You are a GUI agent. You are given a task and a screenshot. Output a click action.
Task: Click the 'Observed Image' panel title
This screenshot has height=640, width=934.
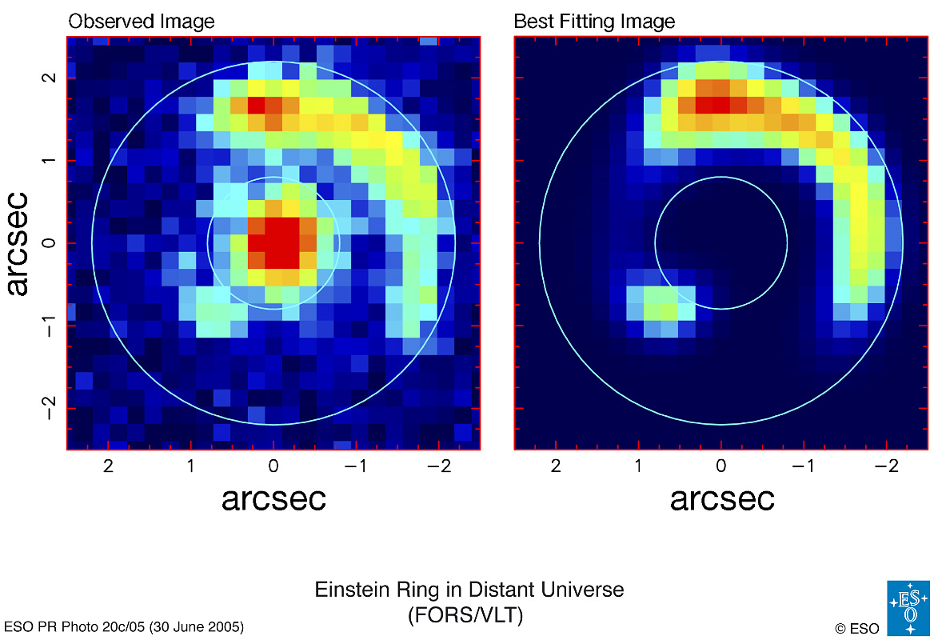(x=141, y=21)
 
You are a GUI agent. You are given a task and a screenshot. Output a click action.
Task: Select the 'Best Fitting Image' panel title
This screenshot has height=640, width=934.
(x=594, y=21)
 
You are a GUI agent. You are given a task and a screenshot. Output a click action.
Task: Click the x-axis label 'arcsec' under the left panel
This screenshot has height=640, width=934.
(x=273, y=498)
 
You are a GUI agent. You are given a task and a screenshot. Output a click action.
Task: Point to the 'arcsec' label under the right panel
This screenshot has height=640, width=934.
(x=722, y=498)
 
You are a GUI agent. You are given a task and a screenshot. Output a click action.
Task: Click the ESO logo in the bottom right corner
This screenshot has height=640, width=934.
(x=908, y=607)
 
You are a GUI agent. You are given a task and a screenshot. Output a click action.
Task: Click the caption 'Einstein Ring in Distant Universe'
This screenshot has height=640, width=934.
(x=469, y=590)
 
